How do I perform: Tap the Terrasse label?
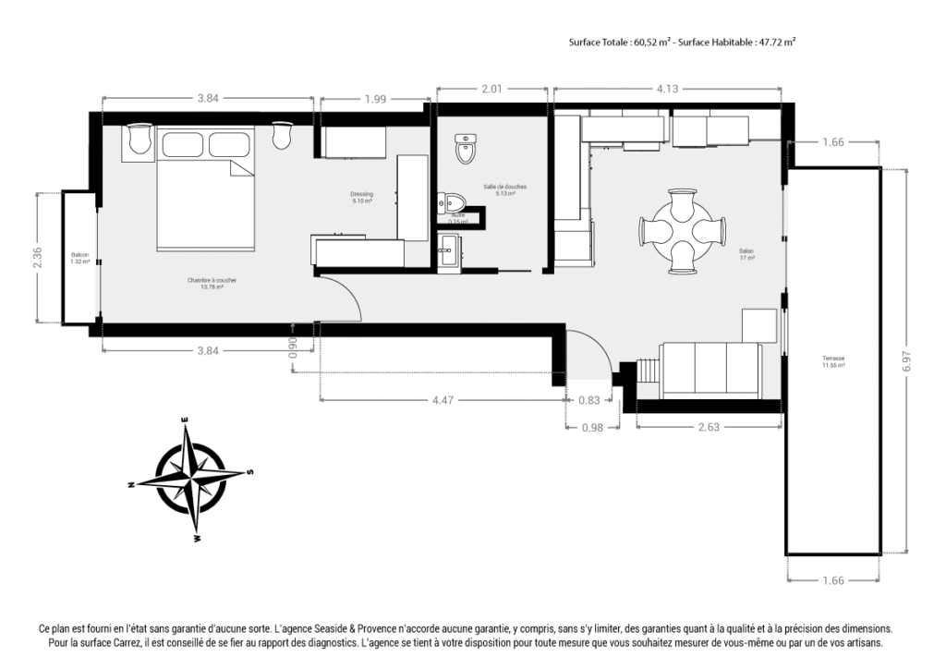point(833,361)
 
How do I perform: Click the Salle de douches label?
point(499,189)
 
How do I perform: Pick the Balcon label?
point(79,258)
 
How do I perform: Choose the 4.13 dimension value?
point(667,89)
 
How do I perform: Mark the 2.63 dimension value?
point(709,427)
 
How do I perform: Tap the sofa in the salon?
point(709,370)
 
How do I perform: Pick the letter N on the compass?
point(131,484)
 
